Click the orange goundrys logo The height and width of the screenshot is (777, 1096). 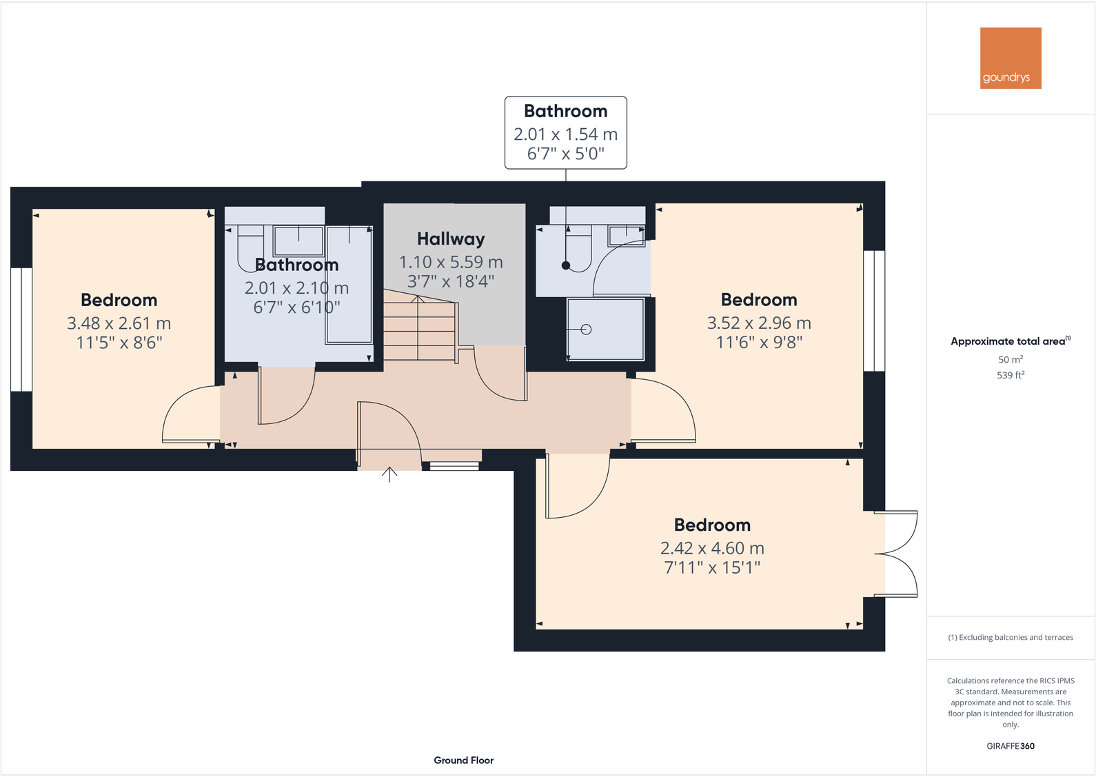1011,58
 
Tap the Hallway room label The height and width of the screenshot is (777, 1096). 451,239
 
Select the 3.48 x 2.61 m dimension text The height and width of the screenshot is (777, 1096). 119,323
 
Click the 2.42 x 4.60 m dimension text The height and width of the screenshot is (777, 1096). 712,548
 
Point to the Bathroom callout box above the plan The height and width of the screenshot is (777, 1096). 565,132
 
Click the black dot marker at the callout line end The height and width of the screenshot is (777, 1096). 566,265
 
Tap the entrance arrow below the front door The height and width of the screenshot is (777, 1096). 389,474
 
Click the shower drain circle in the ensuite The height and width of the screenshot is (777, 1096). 587,330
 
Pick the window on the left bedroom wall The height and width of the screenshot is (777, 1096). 21,329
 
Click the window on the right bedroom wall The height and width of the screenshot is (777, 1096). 874,310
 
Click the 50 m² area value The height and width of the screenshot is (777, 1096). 1011,359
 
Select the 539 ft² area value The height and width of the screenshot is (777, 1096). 1011,375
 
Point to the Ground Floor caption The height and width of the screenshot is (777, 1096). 463,760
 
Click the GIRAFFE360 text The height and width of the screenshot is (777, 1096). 1011,746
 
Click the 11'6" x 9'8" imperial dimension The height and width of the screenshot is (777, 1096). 759,343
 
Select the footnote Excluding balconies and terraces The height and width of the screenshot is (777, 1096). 1011,638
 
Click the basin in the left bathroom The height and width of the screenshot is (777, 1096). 298,241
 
